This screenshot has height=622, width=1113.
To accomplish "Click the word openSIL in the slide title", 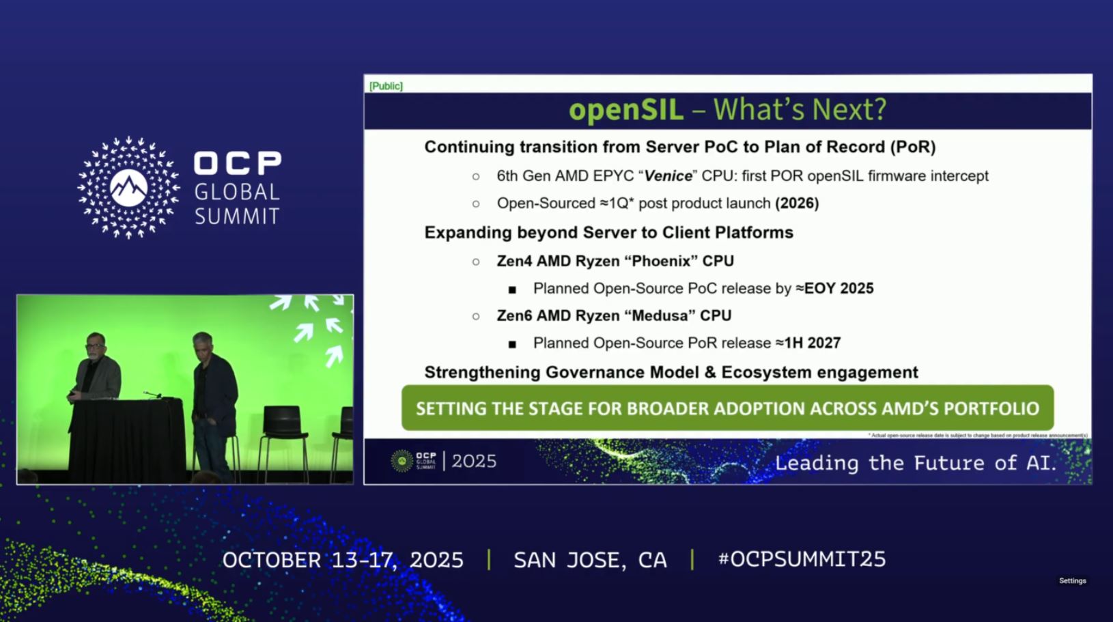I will click(x=625, y=110).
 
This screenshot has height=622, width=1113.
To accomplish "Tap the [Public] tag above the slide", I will click(x=386, y=86).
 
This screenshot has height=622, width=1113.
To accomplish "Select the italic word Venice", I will click(x=668, y=176).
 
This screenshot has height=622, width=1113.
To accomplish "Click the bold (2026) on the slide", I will click(x=797, y=203).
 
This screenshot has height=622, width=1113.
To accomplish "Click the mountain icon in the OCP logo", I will click(x=128, y=187).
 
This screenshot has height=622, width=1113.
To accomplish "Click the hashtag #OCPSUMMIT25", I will click(x=802, y=559).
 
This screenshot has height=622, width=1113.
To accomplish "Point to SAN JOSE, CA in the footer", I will click(x=590, y=560).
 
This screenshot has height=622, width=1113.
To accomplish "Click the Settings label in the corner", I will click(x=1072, y=580).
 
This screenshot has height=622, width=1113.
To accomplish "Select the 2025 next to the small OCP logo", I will click(x=474, y=462).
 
